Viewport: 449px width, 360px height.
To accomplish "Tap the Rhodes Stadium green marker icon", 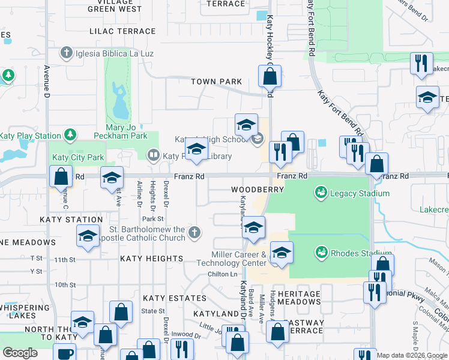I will pyautogui.click(x=321, y=253).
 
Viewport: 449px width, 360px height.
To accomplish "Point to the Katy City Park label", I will pyautogui.click(x=78, y=158).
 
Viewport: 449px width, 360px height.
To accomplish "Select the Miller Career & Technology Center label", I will pyautogui.click(x=240, y=259).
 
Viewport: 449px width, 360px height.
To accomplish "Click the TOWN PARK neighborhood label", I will pyautogui.click(x=216, y=82).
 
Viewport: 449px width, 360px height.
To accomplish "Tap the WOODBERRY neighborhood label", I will pyautogui.click(x=258, y=189).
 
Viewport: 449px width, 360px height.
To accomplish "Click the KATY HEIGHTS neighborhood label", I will pyautogui.click(x=151, y=259).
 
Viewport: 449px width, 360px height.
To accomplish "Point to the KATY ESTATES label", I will pyautogui.click(x=166, y=298).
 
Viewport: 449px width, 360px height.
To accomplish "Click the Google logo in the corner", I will pyautogui.click(x=20, y=353).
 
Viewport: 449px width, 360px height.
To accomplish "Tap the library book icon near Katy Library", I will pyautogui.click(x=154, y=156).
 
